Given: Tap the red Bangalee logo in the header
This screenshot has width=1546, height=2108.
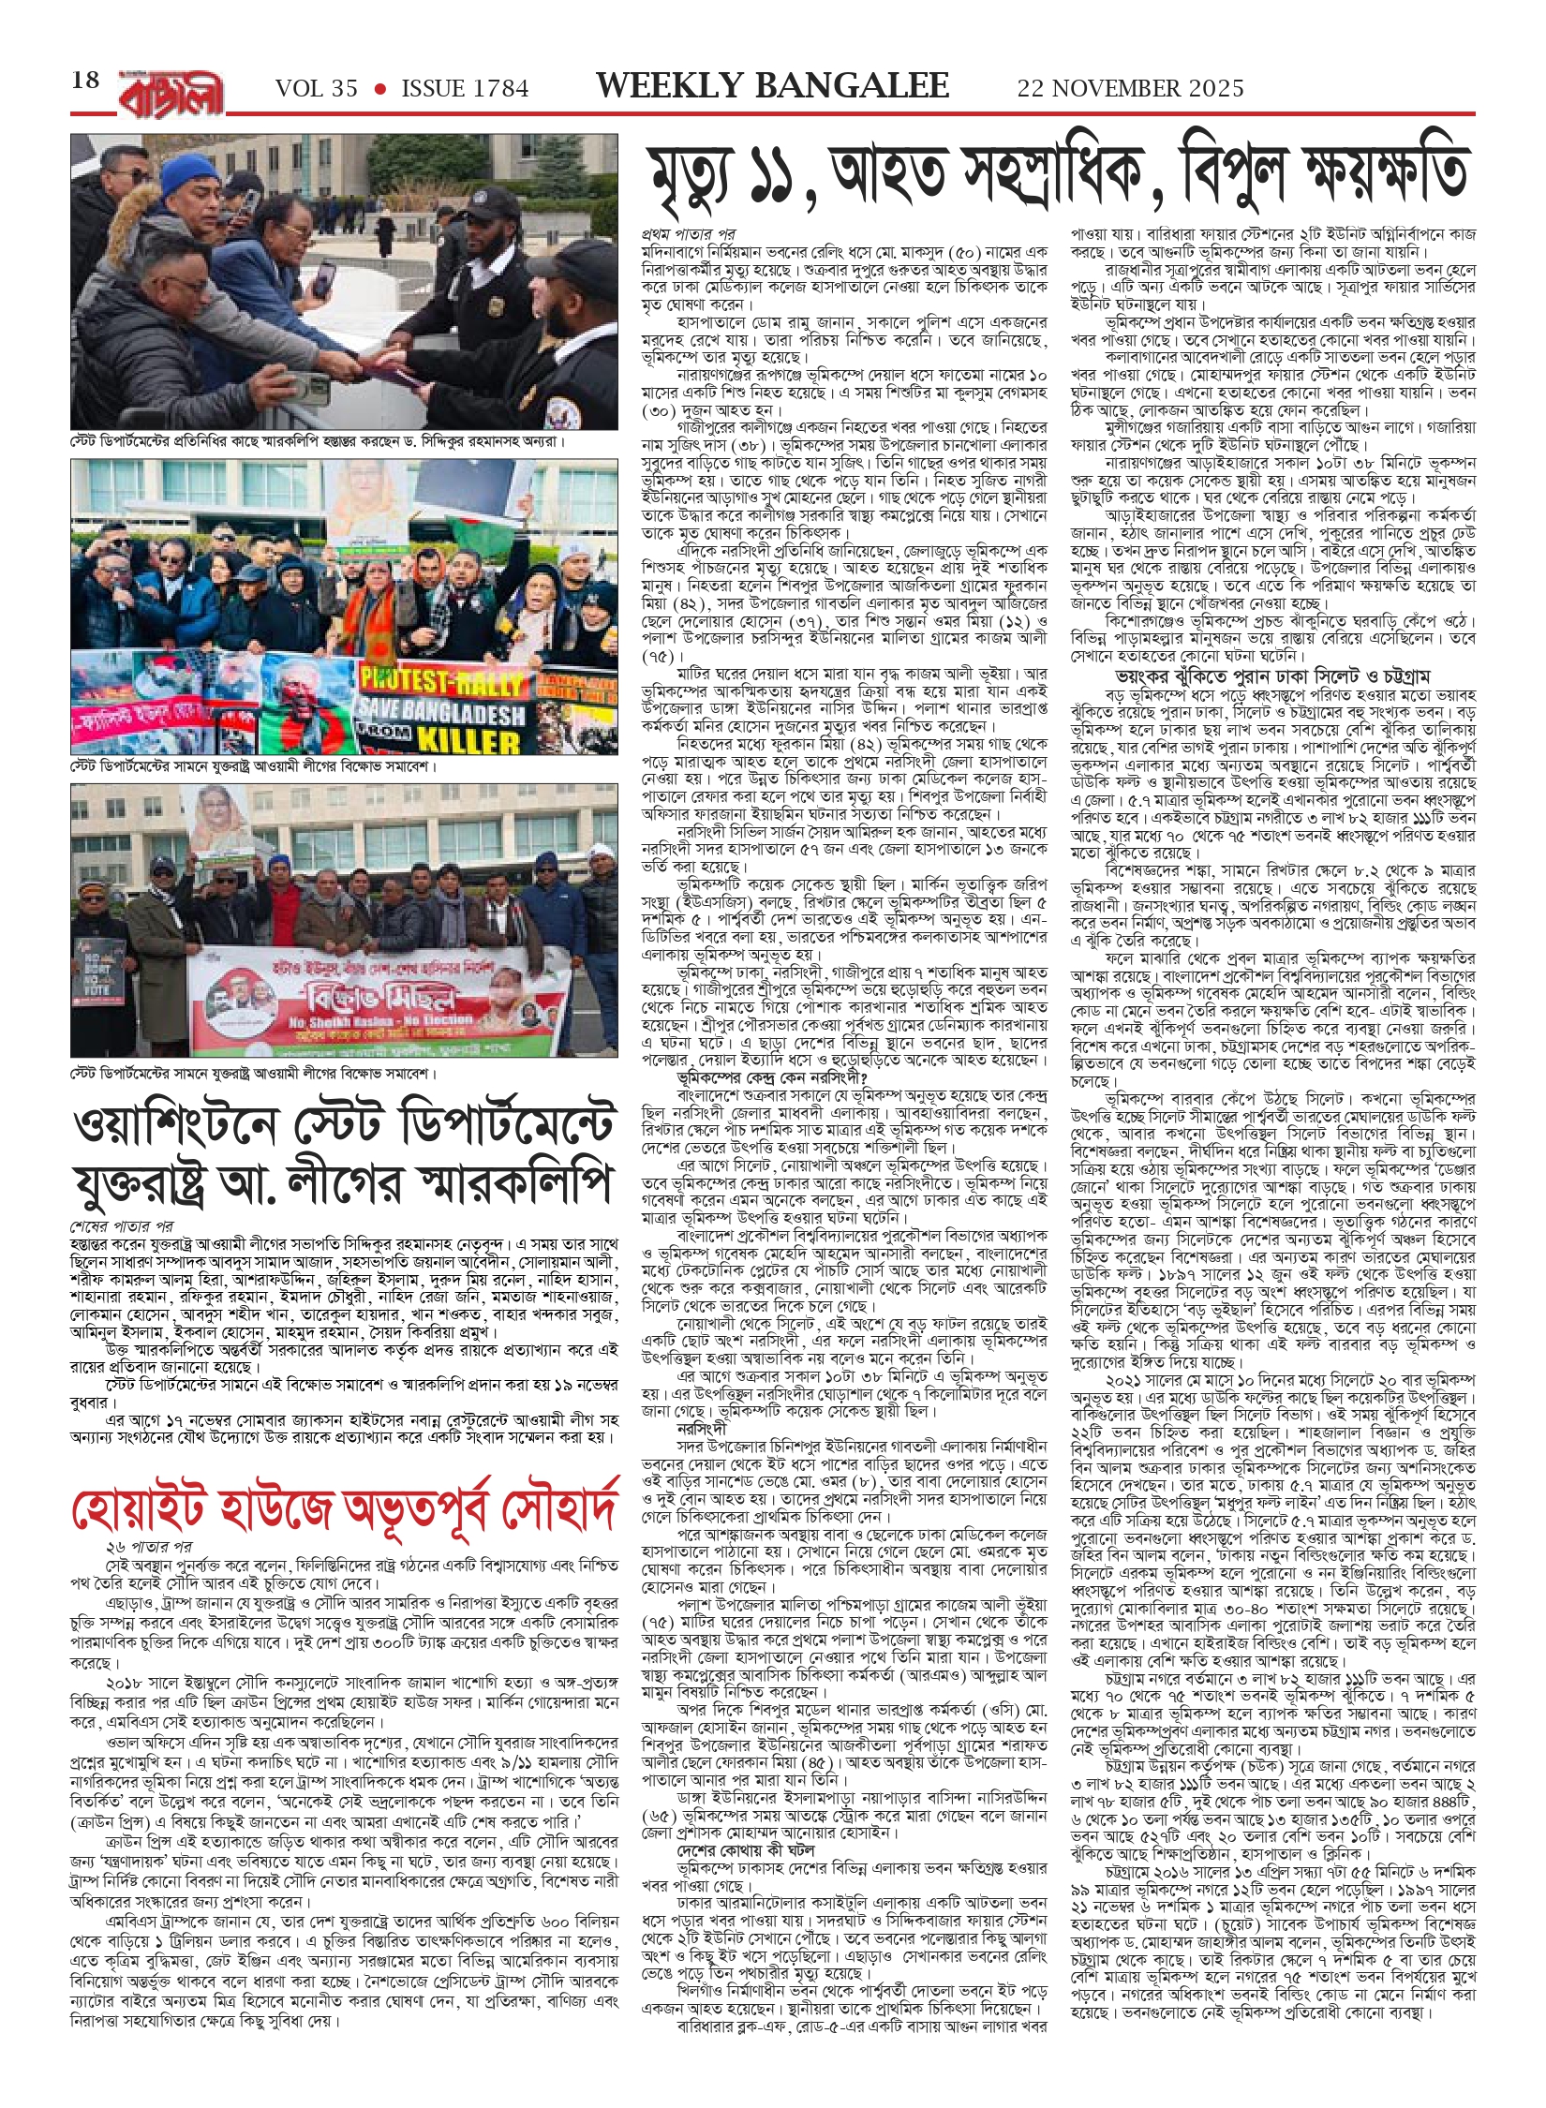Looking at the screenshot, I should (x=171, y=92).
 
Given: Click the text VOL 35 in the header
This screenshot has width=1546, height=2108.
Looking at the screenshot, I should (x=316, y=89).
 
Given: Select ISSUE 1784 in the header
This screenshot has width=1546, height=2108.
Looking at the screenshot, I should (x=465, y=89).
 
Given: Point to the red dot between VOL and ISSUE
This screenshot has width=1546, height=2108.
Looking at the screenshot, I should (x=379, y=89).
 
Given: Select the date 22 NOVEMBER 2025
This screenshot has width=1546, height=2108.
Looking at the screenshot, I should (x=1130, y=89).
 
